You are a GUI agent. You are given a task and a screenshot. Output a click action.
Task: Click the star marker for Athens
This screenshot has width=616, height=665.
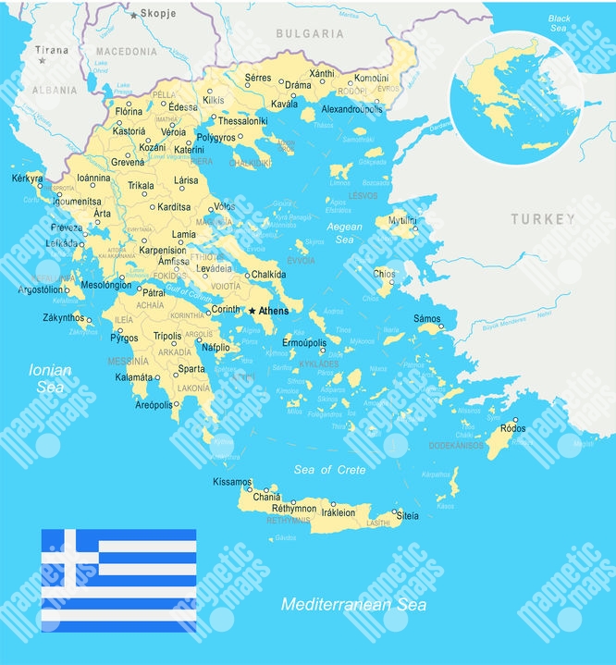(x=252, y=311)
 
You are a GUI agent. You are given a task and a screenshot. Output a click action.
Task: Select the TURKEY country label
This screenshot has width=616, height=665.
(x=542, y=219)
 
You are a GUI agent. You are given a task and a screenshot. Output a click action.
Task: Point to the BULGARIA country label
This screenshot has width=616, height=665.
(x=310, y=34)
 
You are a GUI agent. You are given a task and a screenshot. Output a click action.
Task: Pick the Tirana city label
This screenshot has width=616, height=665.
(x=51, y=50)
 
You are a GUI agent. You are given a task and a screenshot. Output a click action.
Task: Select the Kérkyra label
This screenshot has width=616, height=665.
(x=28, y=178)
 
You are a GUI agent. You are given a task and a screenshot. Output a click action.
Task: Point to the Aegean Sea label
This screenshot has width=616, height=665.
(x=343, y=233)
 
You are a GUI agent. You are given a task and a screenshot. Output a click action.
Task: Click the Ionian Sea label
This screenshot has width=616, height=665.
(x=50, y=377)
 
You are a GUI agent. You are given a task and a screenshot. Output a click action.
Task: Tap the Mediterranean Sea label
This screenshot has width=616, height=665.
(x=354, y=605)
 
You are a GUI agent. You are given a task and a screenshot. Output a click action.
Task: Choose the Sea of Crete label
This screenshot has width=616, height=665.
(x=330, y=470)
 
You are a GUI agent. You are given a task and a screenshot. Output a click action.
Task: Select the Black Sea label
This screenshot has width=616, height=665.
(x=559, y=23)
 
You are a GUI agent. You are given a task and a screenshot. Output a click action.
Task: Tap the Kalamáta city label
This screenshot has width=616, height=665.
(x=132, y=377)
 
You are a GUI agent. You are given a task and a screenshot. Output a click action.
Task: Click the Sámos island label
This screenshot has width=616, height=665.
(x=427, y=317)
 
